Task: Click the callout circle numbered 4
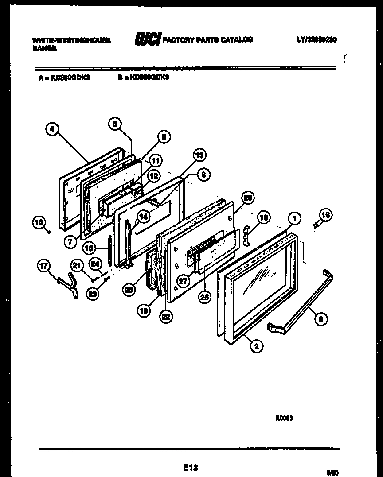(52, 129)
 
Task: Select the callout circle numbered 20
(248, 198)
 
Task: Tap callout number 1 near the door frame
(295, 218)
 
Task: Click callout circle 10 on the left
(39, 222)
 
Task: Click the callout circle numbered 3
(203, 175)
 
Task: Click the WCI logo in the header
(148, 40)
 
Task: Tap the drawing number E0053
(284, 418)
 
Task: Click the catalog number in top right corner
(317, 39)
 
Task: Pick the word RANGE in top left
(44, 49)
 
